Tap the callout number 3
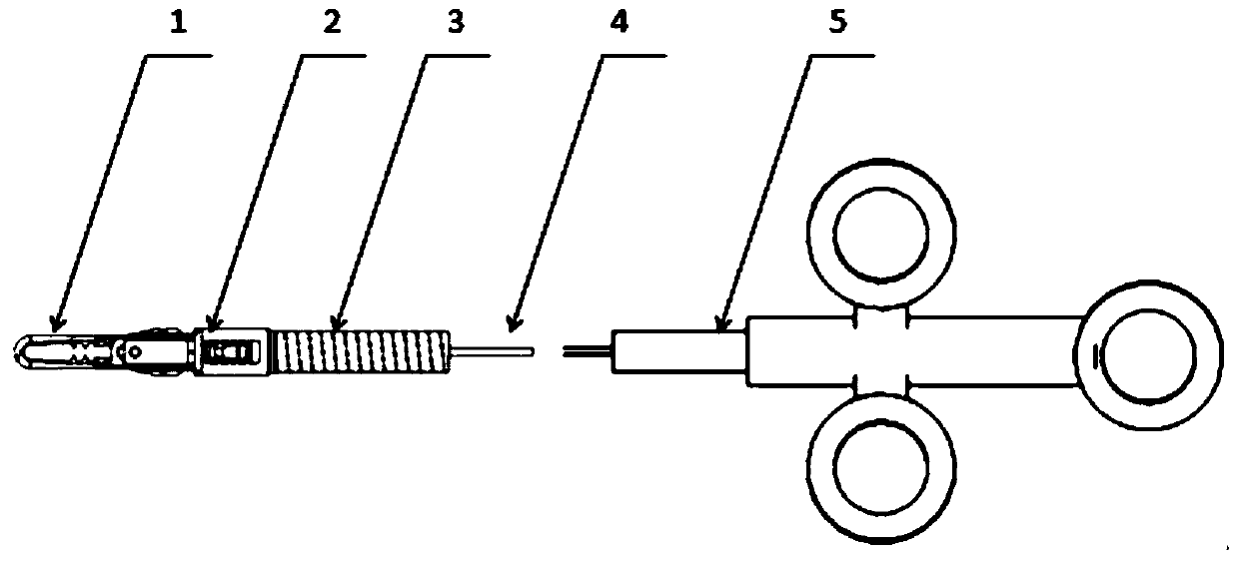pos(456,22)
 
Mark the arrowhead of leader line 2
pos(210,327)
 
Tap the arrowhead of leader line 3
pos(337,326)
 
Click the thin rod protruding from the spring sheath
pos(495,351)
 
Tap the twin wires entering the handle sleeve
pos(588,351)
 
